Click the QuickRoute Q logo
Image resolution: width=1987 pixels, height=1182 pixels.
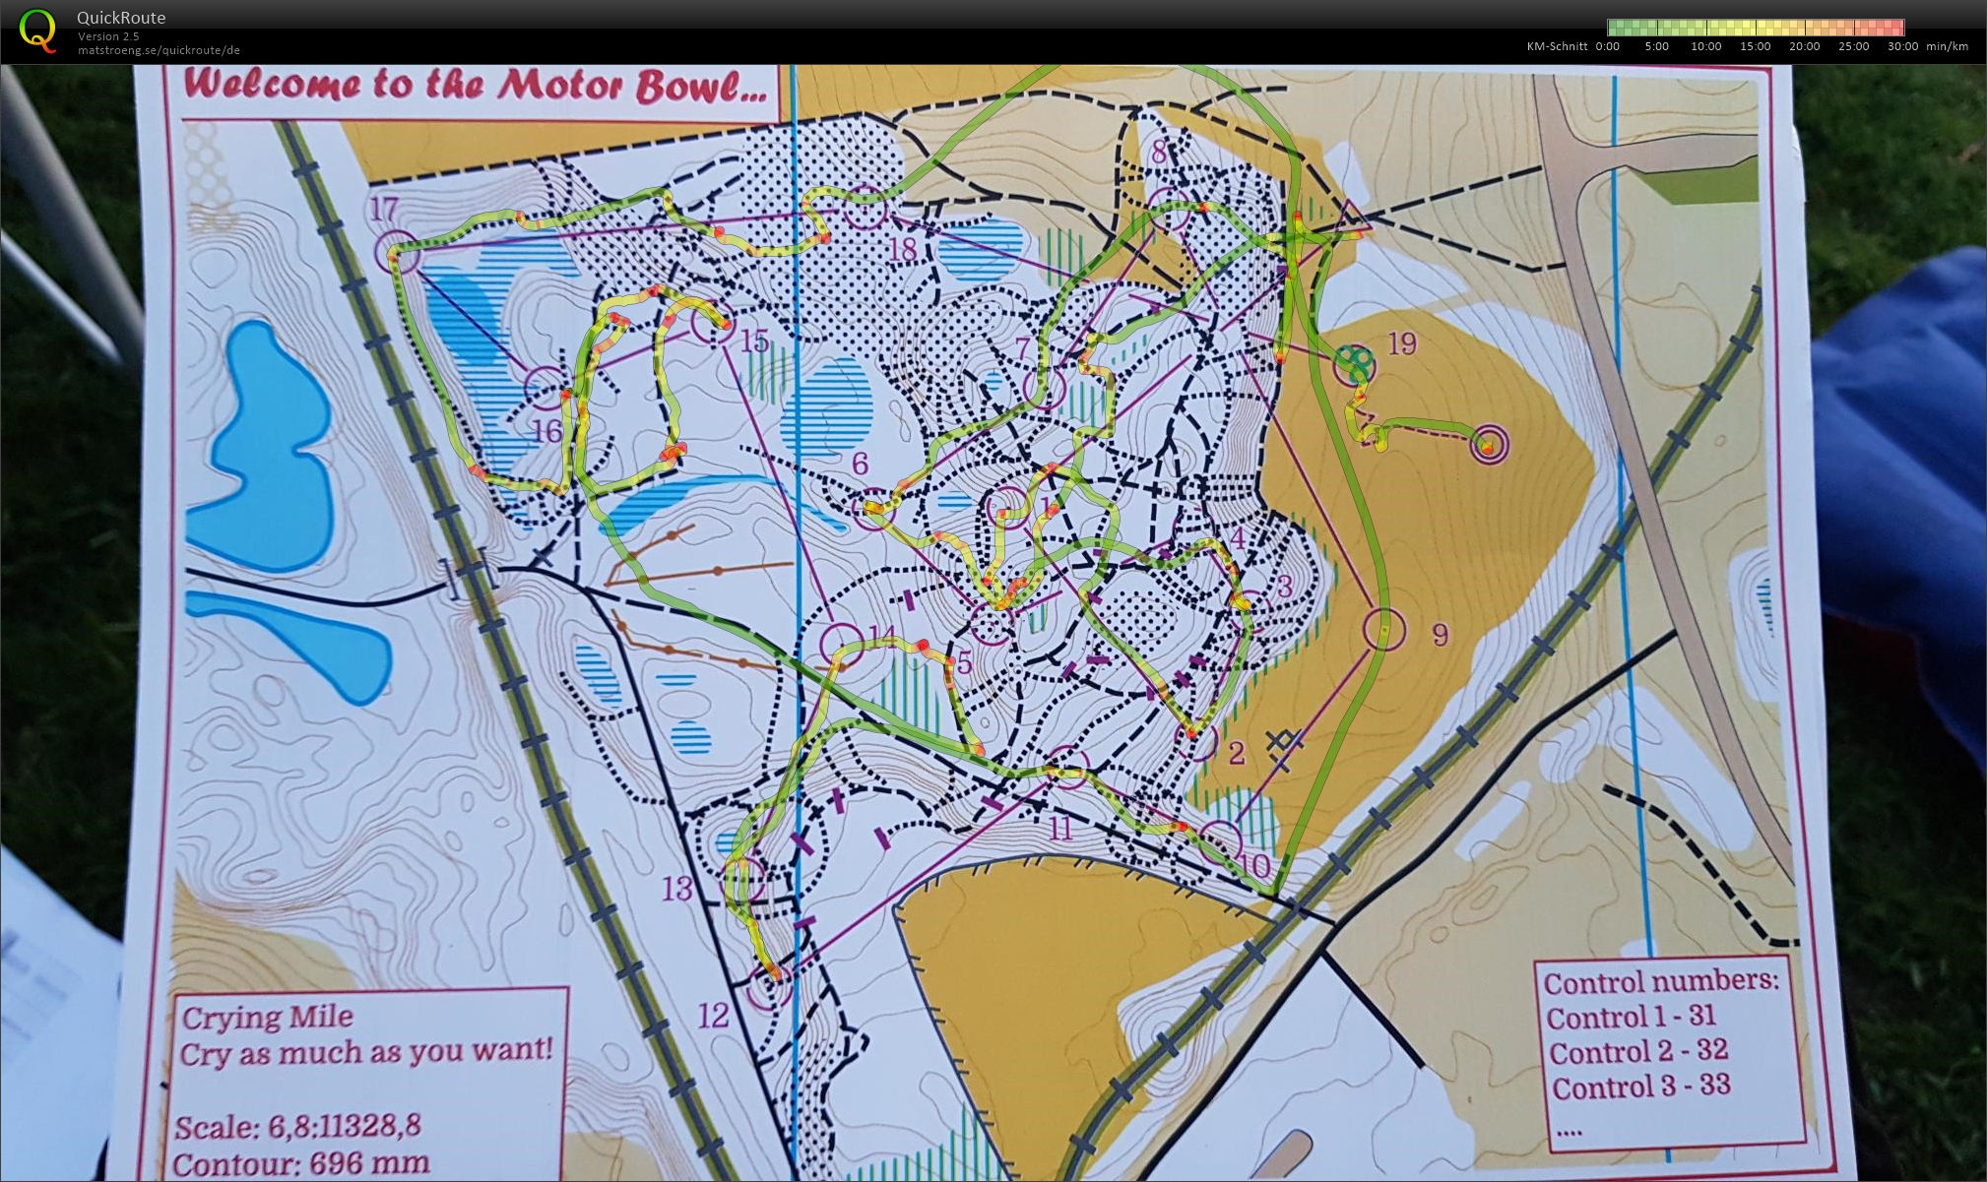[37, 30]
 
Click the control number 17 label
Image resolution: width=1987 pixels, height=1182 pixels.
[383, 209]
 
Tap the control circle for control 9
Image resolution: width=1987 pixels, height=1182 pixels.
[1383, 629]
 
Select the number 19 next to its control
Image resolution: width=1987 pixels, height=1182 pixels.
[1401, 343]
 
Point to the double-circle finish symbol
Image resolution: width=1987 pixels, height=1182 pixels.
[1489, 445]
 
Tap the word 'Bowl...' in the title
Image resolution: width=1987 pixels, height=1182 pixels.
[700, 87]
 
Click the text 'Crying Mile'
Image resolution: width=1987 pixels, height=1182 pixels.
[267, 1017]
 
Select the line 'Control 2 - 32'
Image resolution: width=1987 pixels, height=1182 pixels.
[1638, 1051]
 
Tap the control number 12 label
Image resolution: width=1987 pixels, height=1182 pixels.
[713, 1015]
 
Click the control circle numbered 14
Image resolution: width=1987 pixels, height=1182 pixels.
[842, 646]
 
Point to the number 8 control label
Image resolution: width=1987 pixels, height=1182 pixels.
[1159, 152]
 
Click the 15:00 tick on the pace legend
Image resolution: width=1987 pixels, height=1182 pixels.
[1755, 46]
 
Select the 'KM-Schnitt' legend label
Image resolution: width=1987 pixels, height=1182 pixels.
[1557, 46]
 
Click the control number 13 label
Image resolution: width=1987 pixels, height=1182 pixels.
[676, 889]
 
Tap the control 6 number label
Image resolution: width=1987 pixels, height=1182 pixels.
[860, 463]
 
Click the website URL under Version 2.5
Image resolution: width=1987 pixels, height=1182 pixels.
[159, 50]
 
